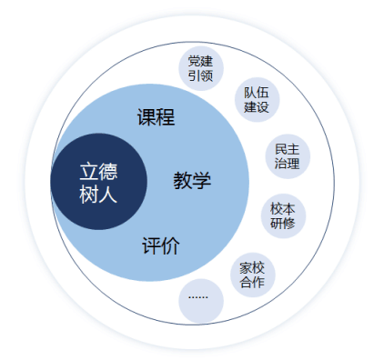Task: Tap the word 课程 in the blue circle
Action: point(156,117)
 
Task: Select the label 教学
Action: point(192,180)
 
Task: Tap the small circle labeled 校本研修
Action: point(283,215)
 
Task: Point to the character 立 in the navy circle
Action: point(88,171)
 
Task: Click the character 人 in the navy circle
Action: point(109,193)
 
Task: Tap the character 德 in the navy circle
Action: point(109,171)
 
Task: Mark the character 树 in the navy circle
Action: point(88,193)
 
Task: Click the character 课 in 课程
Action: point(147,117)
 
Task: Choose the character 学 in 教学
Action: point(202,180)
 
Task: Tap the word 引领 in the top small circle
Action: point(200,76)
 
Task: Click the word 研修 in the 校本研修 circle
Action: point(283,223)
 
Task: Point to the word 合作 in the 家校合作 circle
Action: point(252,282)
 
